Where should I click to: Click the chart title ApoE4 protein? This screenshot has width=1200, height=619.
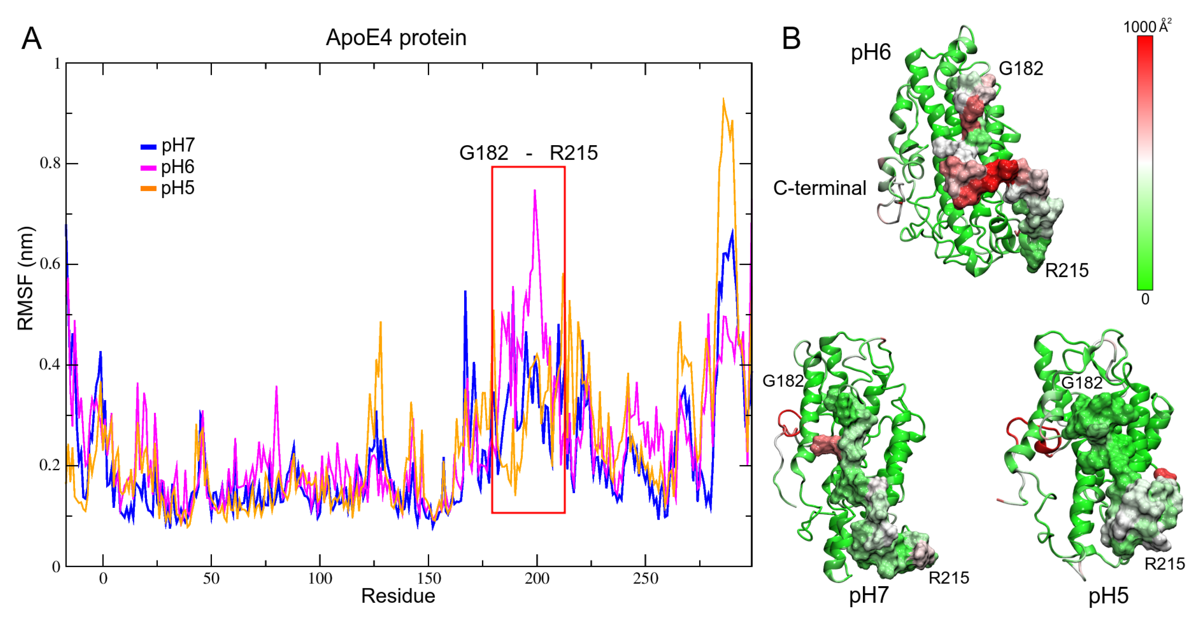point(396,37)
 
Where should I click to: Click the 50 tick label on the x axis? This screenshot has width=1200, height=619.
point(211,578)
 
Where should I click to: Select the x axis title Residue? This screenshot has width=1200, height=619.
point(398,596)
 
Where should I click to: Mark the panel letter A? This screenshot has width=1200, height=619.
point(32,38)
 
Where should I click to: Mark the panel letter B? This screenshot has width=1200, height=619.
point(791,38)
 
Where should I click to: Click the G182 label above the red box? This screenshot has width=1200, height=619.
point(484,153)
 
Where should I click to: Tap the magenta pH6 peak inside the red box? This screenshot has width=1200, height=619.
point(535,191)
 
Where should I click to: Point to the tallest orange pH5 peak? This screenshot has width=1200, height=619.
point(723,99)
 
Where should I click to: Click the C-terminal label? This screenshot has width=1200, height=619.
point(819,188)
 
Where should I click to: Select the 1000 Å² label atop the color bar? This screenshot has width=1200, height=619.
point(1146,27)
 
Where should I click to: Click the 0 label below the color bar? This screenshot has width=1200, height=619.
point(1145,299)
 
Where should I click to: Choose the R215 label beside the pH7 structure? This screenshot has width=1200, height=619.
point(949,578)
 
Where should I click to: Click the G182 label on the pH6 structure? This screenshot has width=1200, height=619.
point(1021,69)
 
